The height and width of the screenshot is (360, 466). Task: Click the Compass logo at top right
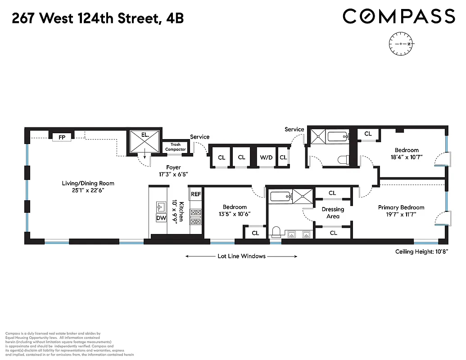[399, 17]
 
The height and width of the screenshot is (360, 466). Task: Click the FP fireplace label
[62, 137]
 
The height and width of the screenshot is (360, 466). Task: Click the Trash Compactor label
[175, 147]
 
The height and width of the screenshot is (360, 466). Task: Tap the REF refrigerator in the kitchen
[196, 194]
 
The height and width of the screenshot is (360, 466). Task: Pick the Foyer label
[173, 167]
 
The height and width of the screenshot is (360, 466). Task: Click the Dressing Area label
[333, 212]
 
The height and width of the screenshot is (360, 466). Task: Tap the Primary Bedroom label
[401, 207]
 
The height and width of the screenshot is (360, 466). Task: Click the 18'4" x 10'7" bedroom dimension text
[407, 157]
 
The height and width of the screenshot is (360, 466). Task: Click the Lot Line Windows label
[241, 256]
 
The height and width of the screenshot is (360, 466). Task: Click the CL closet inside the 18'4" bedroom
[368, 134]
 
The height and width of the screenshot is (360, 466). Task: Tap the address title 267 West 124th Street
[97, 18]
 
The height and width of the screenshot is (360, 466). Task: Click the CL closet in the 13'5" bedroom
[255, 233]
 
